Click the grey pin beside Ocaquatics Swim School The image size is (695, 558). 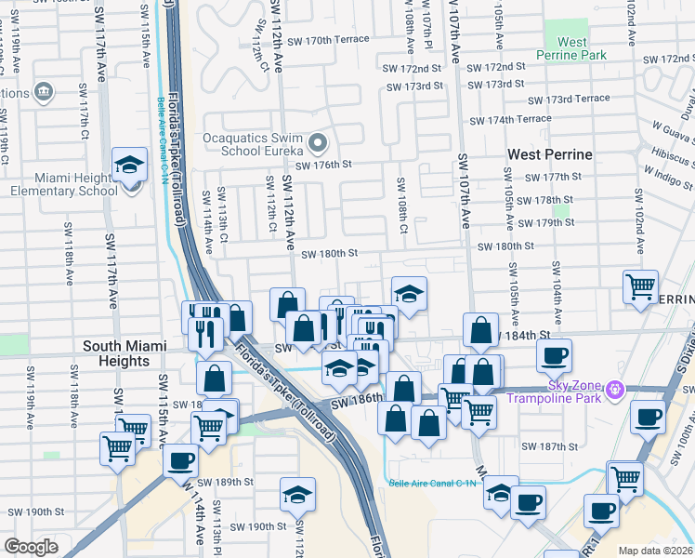tap(319, 143)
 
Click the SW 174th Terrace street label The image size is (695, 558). tap(510, 119)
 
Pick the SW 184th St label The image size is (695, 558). tap(526, 335)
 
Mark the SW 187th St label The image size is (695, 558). tap(549, 446)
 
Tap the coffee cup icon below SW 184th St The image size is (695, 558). tap(555, 355)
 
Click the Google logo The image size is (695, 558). tap(31, 546)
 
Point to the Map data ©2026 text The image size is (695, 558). tap(655, 551)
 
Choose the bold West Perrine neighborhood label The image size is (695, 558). tap(550, 153)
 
